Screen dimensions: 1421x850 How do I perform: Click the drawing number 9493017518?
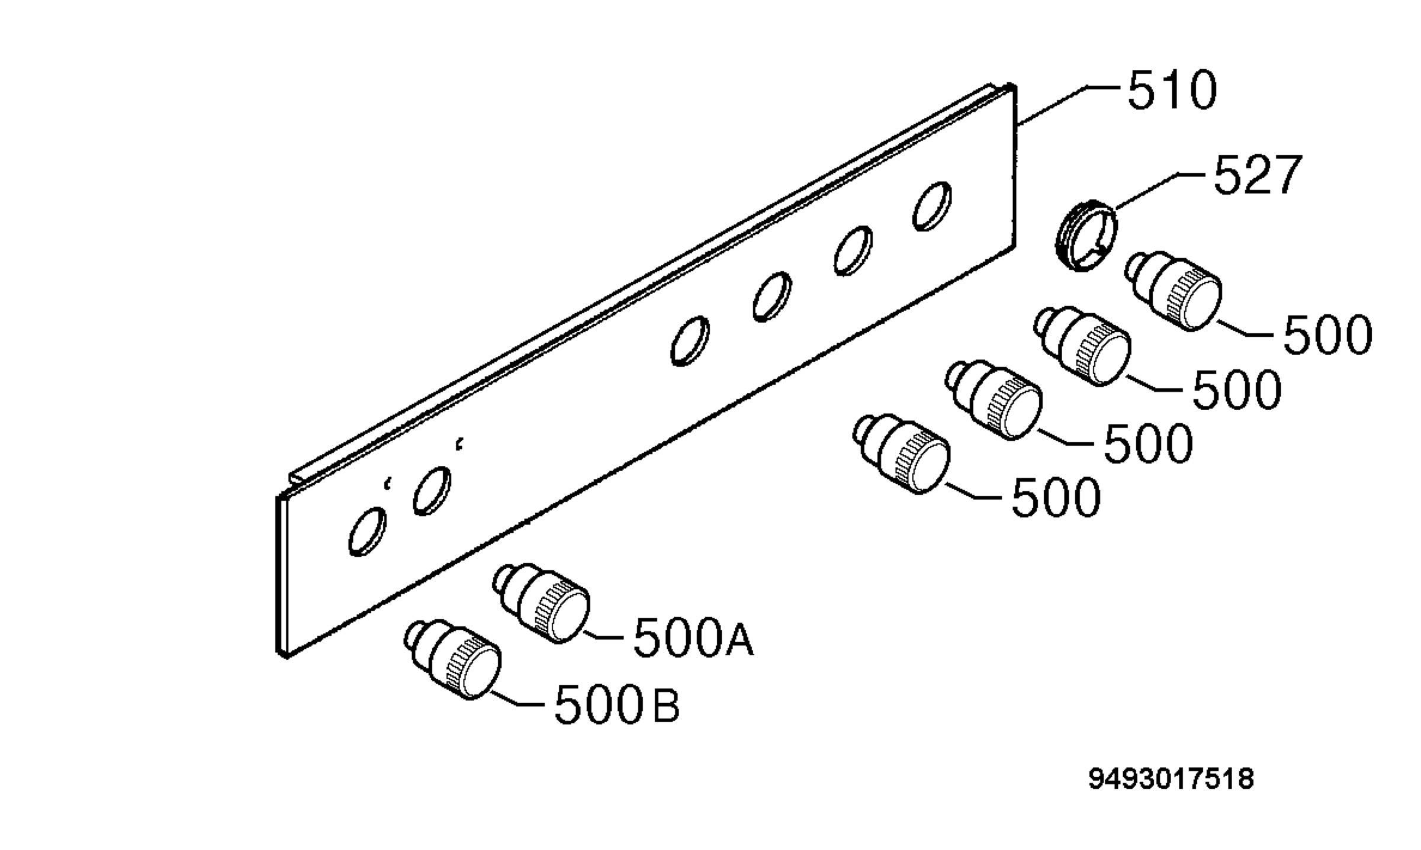(1171, 778)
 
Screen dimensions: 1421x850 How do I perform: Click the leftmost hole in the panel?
(367, 532)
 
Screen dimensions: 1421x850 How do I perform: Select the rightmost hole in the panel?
(933, 205)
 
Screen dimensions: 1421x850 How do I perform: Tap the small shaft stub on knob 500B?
(416, 634)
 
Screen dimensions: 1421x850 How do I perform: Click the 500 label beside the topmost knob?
(1327, 334)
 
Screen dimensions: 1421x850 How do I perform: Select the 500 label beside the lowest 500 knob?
(1056, 498)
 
